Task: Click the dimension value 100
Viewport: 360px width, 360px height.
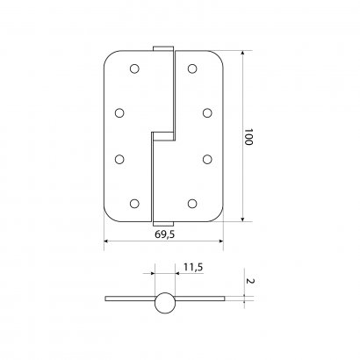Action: point(248,138)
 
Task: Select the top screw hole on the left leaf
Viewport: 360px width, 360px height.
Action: point(134,68)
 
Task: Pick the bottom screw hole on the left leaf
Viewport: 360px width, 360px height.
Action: point(134,204)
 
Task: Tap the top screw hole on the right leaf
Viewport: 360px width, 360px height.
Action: point(192,68)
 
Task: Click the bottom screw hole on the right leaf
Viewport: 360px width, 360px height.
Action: point(192,204)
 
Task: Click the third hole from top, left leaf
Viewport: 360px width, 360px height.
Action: point(119,159)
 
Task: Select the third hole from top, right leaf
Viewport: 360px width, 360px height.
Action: point(207,159)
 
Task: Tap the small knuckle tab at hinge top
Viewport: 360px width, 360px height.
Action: point(162,49)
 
